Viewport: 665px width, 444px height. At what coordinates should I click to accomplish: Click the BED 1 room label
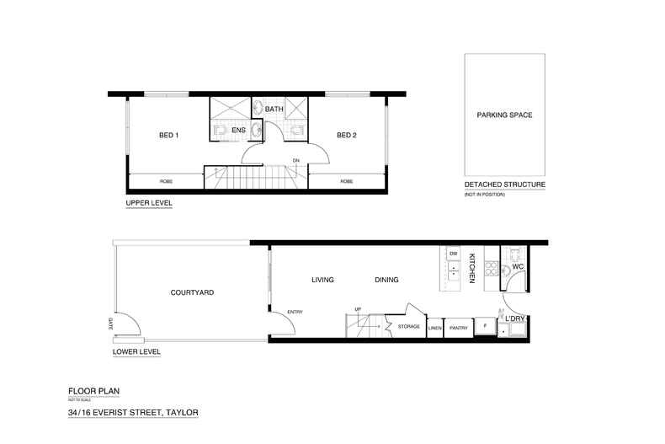[x=169, y=136]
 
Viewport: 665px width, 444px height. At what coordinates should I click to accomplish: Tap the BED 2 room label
[x=348, y=136]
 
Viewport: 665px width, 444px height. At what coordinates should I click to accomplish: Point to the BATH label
[x=274, y=110]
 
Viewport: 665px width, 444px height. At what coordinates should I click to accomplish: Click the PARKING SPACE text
[x=504, y=115]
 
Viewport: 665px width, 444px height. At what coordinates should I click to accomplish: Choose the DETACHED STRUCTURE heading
[x=505, y=185]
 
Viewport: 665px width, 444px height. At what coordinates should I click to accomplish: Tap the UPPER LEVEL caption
[x=148, y=203]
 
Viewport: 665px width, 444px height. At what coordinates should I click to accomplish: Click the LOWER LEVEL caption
[x=136, y=351]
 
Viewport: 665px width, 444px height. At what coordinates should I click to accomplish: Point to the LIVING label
[x=323, y=280]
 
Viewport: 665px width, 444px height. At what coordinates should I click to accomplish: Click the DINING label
[x=387, y=280]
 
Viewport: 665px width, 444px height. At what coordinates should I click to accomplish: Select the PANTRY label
[x=459, y=327]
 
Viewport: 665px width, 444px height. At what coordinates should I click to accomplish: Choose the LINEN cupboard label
[x=435, y=327]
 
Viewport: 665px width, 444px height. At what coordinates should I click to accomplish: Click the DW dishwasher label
[x=453, y=253]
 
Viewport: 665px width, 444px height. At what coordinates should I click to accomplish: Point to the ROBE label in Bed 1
[x=167, y=180]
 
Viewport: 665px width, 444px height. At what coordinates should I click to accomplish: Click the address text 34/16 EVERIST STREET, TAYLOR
[x=135, y=414]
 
